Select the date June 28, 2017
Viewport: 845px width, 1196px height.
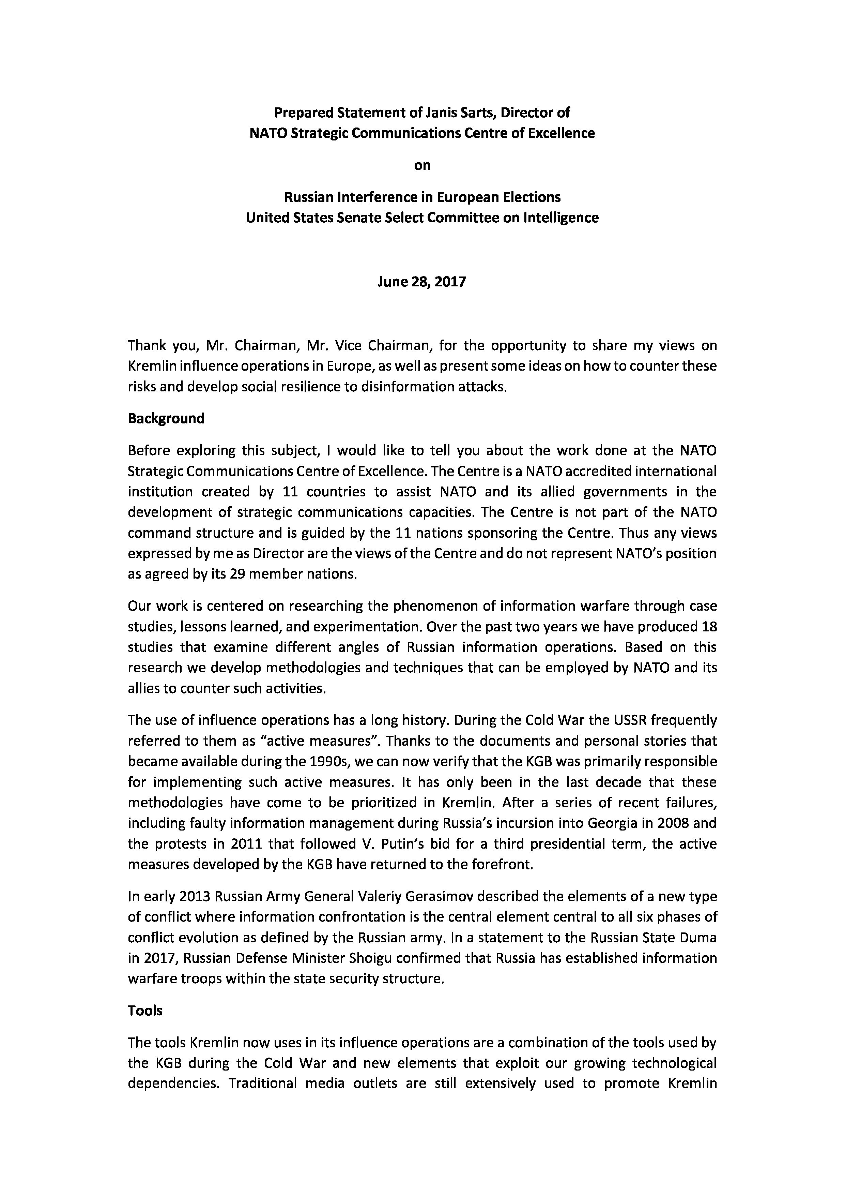coord(422,282)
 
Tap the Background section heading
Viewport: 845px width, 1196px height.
coord(166,418)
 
